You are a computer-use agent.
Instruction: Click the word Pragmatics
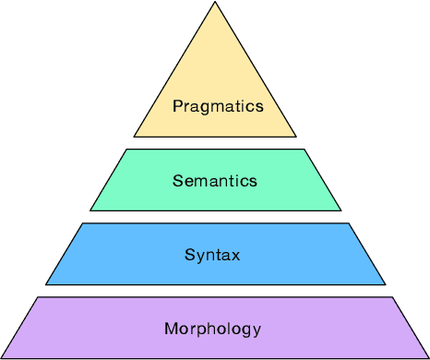[218, 106]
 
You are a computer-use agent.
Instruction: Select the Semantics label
[215, 181]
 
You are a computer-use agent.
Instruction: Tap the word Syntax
[212, 255]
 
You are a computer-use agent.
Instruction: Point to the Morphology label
[213, 329]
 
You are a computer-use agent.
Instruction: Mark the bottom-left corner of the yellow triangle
[134, 137]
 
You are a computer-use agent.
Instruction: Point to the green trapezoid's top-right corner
[307, 149]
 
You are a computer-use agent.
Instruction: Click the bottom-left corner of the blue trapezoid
[46, 284]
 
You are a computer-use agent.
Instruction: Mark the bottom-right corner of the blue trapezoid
[386, 284]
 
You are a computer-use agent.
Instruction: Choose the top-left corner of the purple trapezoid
[38, 297]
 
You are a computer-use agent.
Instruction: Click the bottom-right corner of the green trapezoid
[341, 210]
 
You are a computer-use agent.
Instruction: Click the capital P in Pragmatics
[177, 106]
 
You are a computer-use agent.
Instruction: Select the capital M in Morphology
[170, 328]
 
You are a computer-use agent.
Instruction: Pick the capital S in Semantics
[177, 181]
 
